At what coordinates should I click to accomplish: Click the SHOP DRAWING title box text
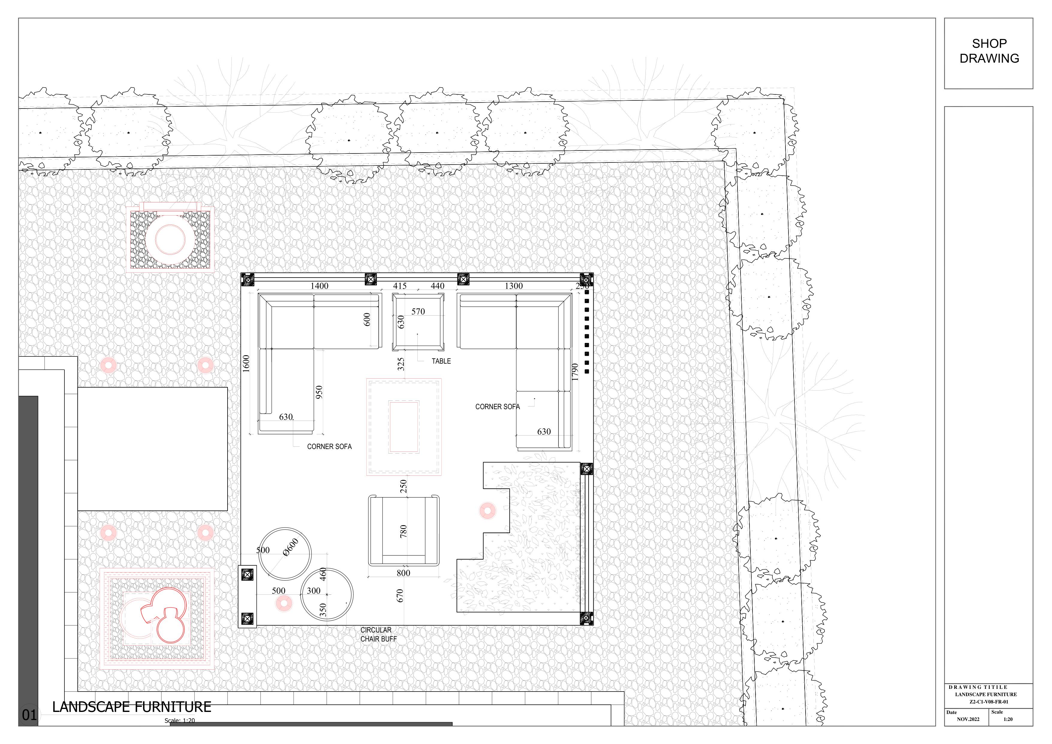pos(989,51)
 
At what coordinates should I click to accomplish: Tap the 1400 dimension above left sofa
pos(319,286)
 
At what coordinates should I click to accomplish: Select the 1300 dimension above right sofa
pos(514,286)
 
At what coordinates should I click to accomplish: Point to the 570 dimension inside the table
pos(418,311)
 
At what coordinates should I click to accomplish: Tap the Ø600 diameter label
pos(291,547)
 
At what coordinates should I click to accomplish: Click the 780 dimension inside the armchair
pos(403,531)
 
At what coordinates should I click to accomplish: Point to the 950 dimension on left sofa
pos(319,392)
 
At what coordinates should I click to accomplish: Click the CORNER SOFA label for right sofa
pos(497,406)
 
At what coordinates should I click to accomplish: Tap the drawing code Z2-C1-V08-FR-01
pos(989,701)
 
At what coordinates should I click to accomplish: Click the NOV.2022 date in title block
pos(968,719)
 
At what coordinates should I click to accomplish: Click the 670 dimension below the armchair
pos(400,596)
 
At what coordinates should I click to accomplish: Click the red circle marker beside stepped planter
pos(487,510)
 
